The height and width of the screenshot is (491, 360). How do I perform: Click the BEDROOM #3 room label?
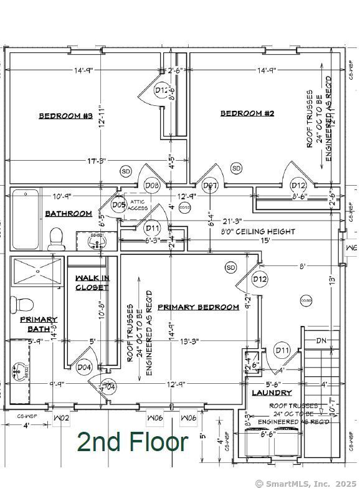pyautogui.click(x=65, y=116)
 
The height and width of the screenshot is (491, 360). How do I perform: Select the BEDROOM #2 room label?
pyautogui.click(x=247, y=113)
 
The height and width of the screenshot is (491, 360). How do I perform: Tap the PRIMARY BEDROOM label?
pyautogui.click(x=198, y=307)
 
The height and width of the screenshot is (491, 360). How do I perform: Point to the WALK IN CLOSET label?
pyautogui.click(x=92, y=282)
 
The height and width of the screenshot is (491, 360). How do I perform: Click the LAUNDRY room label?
pyautogui.click(x=272, y=393)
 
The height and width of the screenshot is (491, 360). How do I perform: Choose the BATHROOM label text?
pyautogui.click(x=69, y=214)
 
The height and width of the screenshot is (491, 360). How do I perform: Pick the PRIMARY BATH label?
pyautogui.click(x=39, y=324)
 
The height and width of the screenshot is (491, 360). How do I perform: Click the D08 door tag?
pyautogui.click(x=152, y=185)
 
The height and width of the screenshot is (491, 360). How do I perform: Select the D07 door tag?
pyautogui.click(x=210, y=185)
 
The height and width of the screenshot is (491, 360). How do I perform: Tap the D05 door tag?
pyautogui.click(x=119, y=204)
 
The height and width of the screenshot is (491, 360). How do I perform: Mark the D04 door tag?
pyautogui.click(x=84, y=368)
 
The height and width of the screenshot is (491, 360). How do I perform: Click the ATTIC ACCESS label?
pyautogui.click(x=138, y=206)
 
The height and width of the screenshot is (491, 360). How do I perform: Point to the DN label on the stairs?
pyautogui.click(x=321, y=340)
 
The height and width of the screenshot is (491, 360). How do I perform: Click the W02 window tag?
pyautogui.click(x=60, y=418)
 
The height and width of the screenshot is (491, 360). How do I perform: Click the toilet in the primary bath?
pyautogui.click(x=22, y=304)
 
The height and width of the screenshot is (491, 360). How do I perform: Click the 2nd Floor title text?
pyautogui.click(x=132, y=442)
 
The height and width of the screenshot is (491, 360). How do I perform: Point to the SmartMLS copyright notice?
pyautogui.click(x=306, y=484)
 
